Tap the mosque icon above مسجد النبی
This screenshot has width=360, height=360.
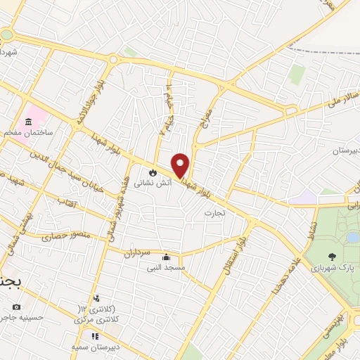166,257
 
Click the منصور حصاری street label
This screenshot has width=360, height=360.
57,235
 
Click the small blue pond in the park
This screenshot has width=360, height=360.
352,238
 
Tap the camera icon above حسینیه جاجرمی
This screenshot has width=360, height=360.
17,307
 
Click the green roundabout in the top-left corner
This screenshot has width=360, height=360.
6,34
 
